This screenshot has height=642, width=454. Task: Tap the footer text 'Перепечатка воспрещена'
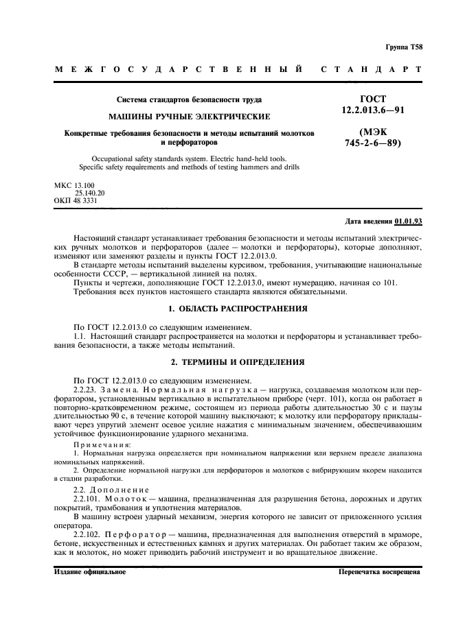378,571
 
